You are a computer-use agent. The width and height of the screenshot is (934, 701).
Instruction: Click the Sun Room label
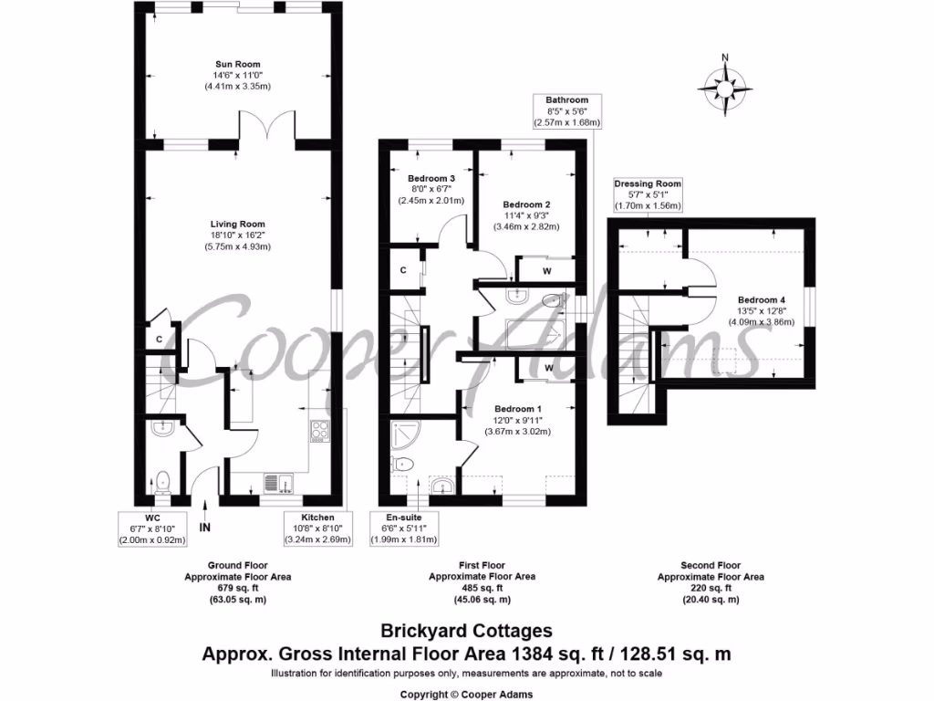click(x=237, y=64)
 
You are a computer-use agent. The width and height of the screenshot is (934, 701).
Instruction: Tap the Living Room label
click(x=237, y=224)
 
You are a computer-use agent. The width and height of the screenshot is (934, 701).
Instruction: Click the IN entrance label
click(x=205, y=527)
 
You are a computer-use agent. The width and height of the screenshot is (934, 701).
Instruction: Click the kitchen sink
click(x=276, y=481)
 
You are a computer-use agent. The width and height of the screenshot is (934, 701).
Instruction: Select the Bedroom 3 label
click(x=431, y=179)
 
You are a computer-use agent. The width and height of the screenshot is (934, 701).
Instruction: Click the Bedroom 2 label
click(x=526, y=204)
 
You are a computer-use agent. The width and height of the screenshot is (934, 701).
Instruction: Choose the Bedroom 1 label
click(x=518, y=408)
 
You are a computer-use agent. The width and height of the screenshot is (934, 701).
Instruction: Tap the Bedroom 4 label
click(x=762, y=300)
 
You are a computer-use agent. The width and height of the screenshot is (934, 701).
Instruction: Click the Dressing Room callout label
click(x=648, y=183)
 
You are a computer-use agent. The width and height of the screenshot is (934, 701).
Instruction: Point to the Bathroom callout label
click(x=566, y=99)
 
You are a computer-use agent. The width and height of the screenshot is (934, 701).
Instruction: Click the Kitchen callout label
click(x=313, y=518)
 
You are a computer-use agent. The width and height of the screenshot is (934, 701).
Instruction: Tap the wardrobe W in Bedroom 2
click(x=545, y=270)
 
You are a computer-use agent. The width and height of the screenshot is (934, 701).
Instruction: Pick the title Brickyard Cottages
click(x=466, y=631)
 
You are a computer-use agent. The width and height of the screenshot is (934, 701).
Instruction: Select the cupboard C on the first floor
click(x=403, y=270)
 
